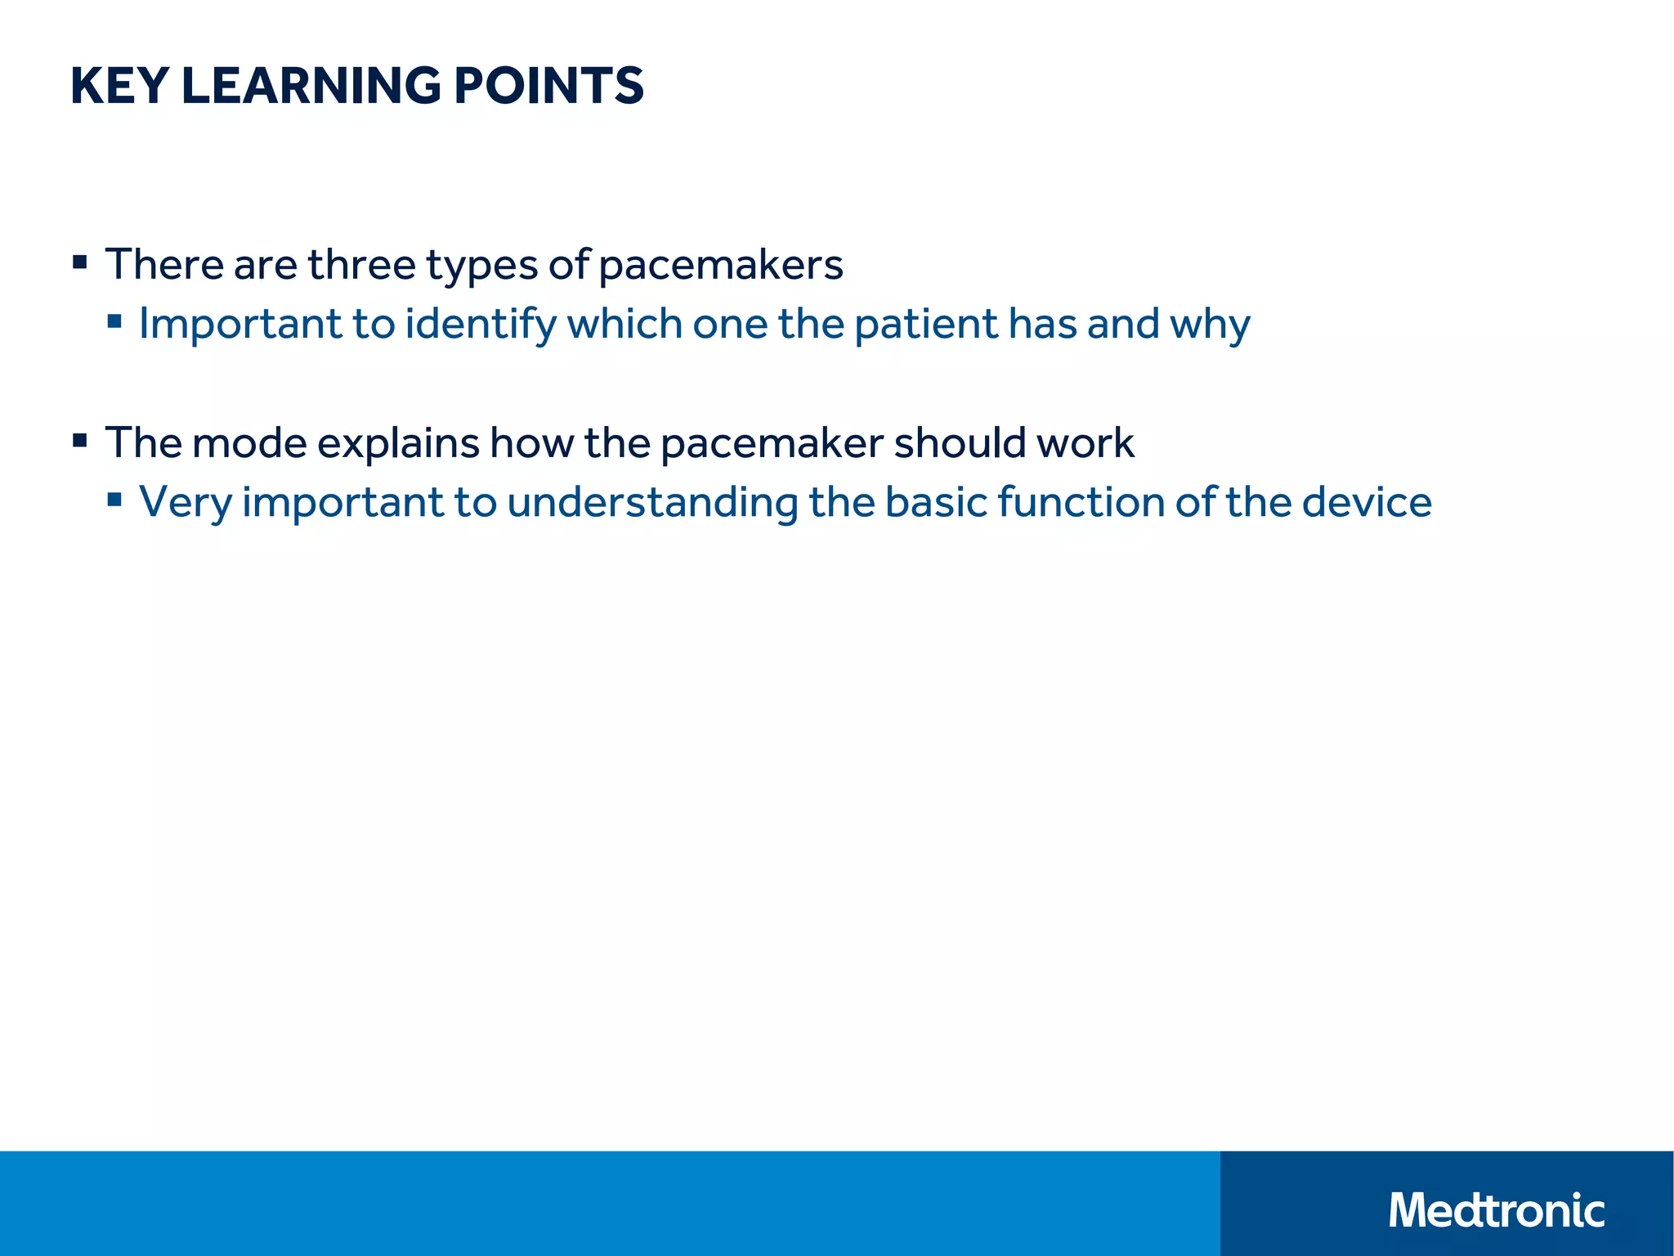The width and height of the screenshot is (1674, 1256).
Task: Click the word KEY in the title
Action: coord(119,86)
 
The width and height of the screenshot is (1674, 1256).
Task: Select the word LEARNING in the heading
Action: coord(311,86)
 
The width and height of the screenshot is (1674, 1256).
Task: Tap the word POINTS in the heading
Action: coord(548,86)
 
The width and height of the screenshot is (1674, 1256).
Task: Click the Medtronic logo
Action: coord(1496,1210)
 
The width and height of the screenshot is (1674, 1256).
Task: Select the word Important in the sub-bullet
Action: coord(239,324)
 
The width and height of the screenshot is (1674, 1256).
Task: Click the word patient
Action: coord(925,325)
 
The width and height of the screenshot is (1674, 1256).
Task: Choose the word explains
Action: coord(398,444)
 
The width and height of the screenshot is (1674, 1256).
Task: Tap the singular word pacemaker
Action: coord(772,444)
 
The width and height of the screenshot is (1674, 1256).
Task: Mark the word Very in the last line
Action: coord(186,502)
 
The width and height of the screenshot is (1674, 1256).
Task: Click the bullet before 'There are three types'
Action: coord(79,262)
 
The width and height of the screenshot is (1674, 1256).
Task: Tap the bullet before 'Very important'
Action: coord(114,499)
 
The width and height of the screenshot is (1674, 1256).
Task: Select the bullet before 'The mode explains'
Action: coord(79,441)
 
